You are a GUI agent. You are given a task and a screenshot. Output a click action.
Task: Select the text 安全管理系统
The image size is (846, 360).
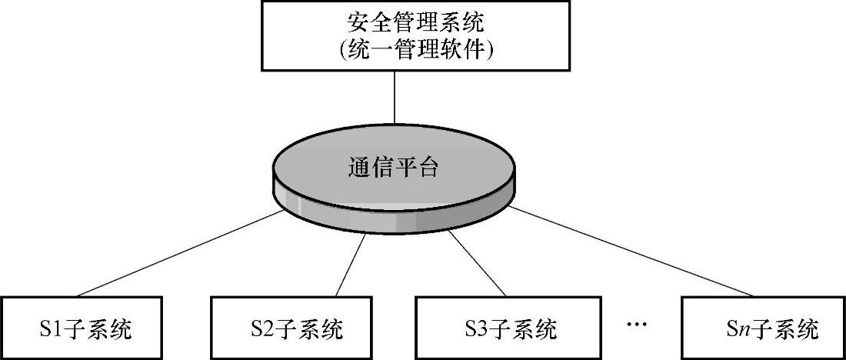coord(416,24)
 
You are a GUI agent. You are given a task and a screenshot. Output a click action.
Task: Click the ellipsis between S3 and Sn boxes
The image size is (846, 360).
coord(638,325)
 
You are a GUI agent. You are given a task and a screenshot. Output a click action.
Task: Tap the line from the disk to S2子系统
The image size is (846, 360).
coord(351,265)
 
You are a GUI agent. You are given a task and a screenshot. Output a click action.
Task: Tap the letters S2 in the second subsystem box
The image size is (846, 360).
coord(261,331)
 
